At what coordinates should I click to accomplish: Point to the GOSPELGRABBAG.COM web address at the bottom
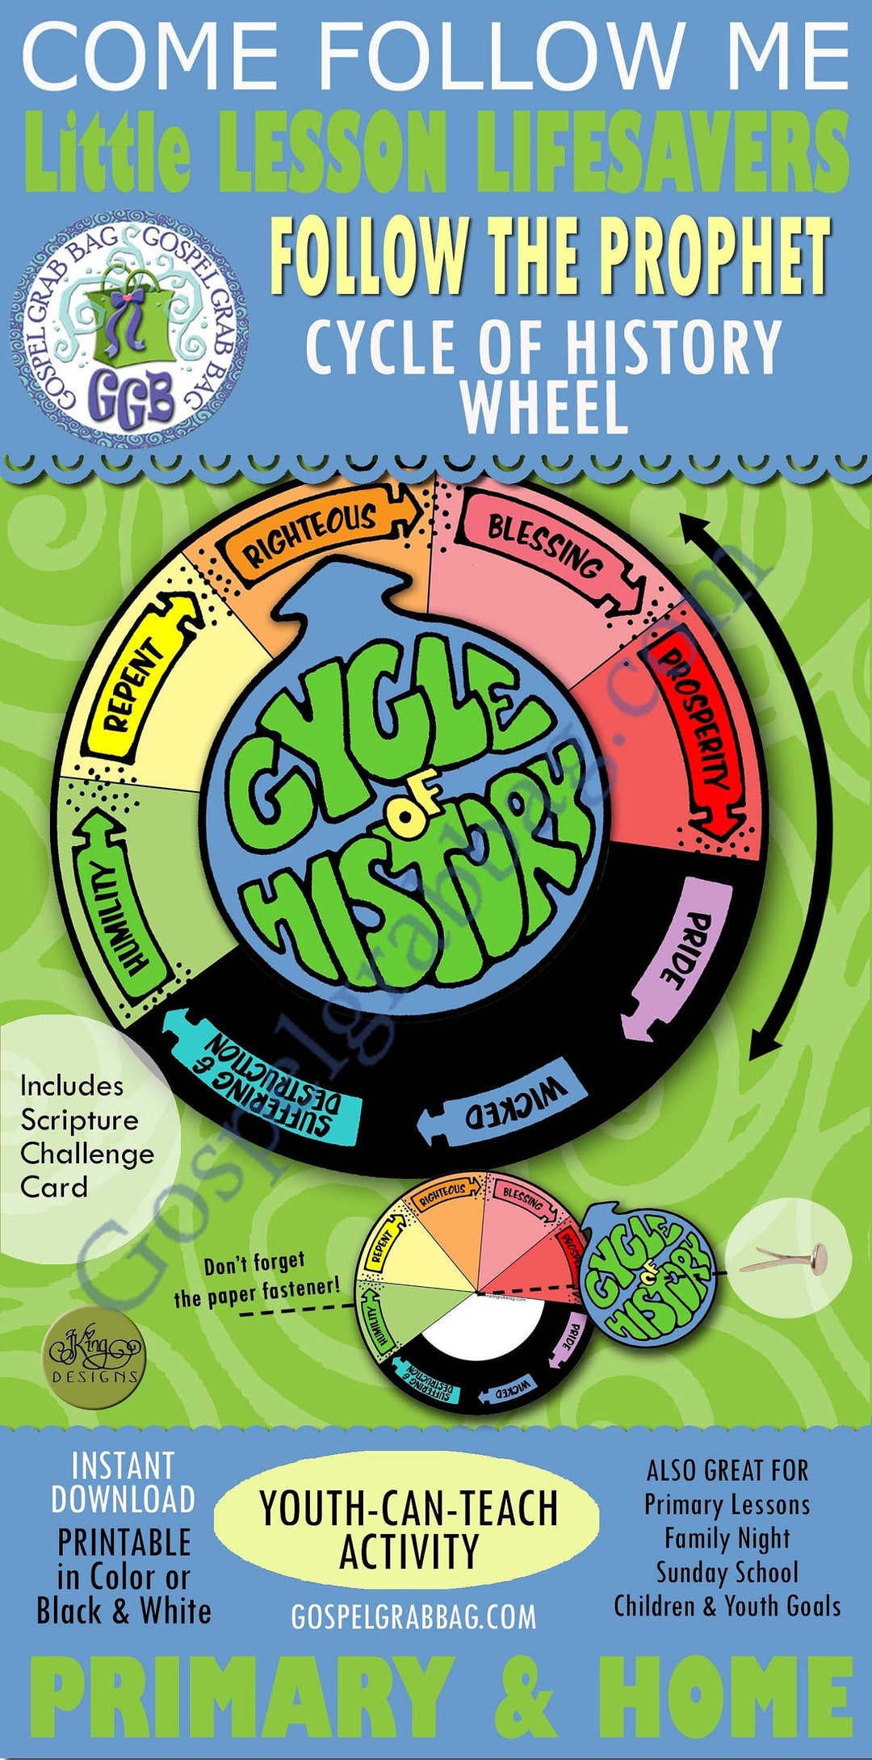point(413,1616)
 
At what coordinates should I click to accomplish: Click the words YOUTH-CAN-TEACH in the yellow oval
point(409,1506)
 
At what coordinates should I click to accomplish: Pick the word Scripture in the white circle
point(79,1120)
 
